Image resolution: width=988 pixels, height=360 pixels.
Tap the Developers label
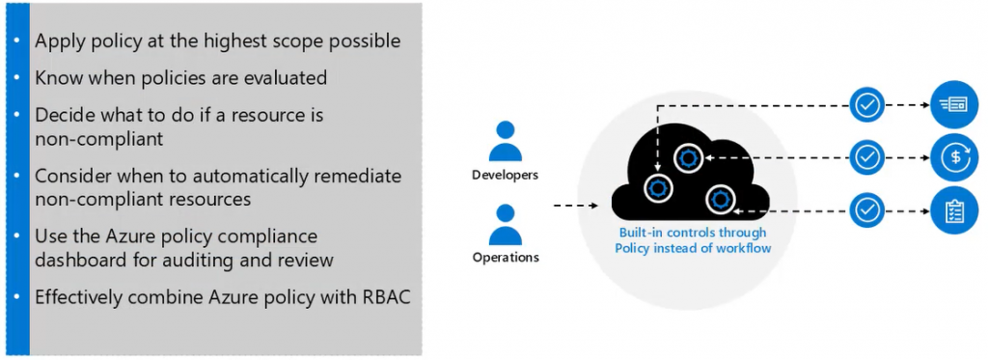click(506, 175)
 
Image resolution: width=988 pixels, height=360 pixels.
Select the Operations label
click(506, 258)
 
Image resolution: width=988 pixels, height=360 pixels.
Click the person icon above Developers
click(506, 141)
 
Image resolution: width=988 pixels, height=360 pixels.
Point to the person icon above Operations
click(506, 225)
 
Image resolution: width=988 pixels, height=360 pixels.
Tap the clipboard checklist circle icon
click(954, 210)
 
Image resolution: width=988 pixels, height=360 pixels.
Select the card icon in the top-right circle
click(954, 104)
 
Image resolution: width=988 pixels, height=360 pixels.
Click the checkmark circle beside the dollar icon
click(867, 156)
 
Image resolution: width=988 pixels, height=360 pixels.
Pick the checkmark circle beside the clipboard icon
click(867, 208)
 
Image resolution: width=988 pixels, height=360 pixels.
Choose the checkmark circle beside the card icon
click(867, 104)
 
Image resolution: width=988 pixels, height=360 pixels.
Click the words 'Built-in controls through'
click(693, 232)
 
